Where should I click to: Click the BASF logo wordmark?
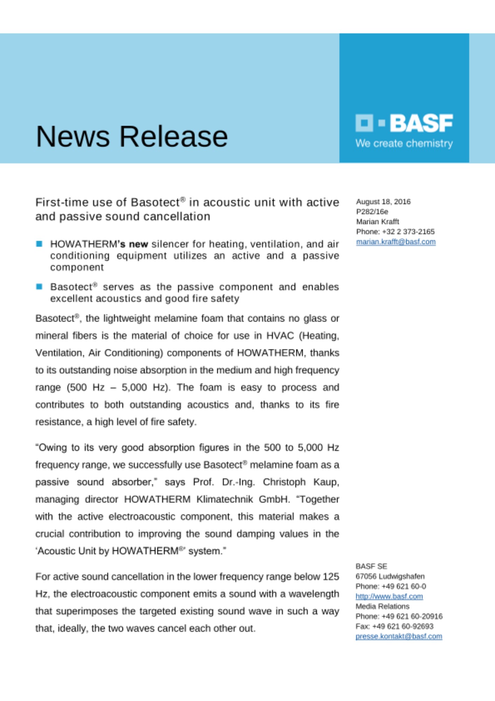coord(421,123)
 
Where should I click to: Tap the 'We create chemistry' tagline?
coord(404,143)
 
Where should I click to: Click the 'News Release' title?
coord(132,136)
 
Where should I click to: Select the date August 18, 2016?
coord(383,202)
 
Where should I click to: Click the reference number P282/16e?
coord(372,212)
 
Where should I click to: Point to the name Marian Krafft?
coord(377,222)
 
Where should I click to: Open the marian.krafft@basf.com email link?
coord(396,241)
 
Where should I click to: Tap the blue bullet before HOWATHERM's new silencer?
coord(39,244)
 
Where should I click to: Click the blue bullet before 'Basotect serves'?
coord(39,287)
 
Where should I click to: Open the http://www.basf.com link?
coord(389,596)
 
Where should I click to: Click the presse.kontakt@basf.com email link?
coord(399,636)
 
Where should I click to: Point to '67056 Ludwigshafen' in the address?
coord(390,576)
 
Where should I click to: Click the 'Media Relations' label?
coord(382,606)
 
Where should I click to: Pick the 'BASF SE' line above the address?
coord(371,566)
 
